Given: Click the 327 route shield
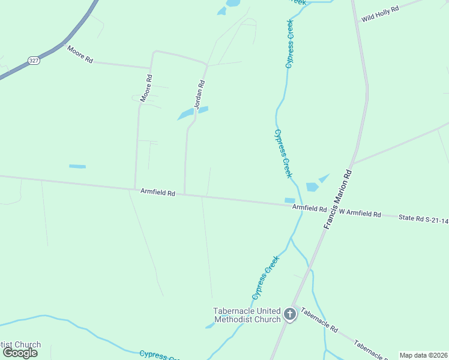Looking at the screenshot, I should pyautogui.click(x=33, y=61).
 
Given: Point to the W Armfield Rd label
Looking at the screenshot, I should pyautogui.click(x=360, y=214).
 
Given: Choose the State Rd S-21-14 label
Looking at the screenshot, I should pyautogui.click(x=423, y=220).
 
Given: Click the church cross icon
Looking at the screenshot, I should pyautogui.click(x=290, y=314).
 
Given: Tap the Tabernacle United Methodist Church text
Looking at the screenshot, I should pyautogui.click(x=247, y=315).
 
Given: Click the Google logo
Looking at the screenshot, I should pyautogui.click(x=20, y=353).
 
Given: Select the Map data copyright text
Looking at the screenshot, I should pyautogui.click(x=423, y=355).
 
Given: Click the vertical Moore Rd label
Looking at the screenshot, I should pyautogui.click(x=146, y=88).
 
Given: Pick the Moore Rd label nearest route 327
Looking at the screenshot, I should pyautogui.click(x=80, y=55).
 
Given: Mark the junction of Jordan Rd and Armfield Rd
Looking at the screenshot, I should pyautogui.click(x=184, y=194).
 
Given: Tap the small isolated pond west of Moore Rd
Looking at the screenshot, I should pyautogui.click(x=77, y=166).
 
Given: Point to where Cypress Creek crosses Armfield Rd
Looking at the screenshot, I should pyautogui.click(x=300, y=207).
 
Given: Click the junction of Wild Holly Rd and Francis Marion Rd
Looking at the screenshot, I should pyautogui.click(x=358, y=23).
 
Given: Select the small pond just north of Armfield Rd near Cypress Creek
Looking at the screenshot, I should pyautogui.click(x=289, y=200).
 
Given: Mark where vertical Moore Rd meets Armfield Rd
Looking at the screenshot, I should pyautogui.click(x=135, y=190).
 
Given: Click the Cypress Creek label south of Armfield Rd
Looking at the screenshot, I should pyautogui.click(x=266, y=277).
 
